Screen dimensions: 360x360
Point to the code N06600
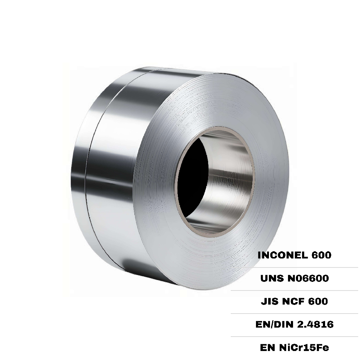coord(309,278)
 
